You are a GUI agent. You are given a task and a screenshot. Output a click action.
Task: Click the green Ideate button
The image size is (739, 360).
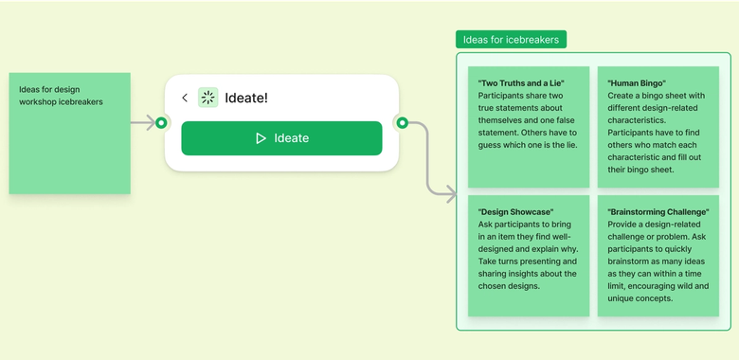[x=281, y=138]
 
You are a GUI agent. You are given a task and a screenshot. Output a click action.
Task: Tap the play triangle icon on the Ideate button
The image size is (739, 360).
[x=261, y=138]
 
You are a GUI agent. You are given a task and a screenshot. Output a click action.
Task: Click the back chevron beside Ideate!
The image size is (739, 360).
[x=185, y=98]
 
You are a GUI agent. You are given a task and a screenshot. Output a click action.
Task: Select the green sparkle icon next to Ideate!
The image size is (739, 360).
[x=207, y=98]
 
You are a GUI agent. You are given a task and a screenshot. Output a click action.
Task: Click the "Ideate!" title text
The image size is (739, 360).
[x=246, y=98]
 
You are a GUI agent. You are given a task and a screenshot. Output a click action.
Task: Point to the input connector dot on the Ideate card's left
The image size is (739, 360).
[x=161, y=122]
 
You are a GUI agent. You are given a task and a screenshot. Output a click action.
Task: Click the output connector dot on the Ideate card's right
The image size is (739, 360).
[x=402, y=122]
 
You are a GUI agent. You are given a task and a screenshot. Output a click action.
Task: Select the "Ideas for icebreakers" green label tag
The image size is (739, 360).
[x=512, y=40]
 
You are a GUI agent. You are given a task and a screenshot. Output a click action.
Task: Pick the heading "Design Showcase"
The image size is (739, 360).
[x=516, y=211]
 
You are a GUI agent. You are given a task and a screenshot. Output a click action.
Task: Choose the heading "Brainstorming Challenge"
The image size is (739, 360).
[x=659, y=211]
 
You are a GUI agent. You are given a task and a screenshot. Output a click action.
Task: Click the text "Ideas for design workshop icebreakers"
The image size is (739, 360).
[x=61, y=96]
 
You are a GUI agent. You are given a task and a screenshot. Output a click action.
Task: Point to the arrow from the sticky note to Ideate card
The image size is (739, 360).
[x=142, y=122]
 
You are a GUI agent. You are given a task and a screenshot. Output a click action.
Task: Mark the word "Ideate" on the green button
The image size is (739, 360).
[x=292, y=138]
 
